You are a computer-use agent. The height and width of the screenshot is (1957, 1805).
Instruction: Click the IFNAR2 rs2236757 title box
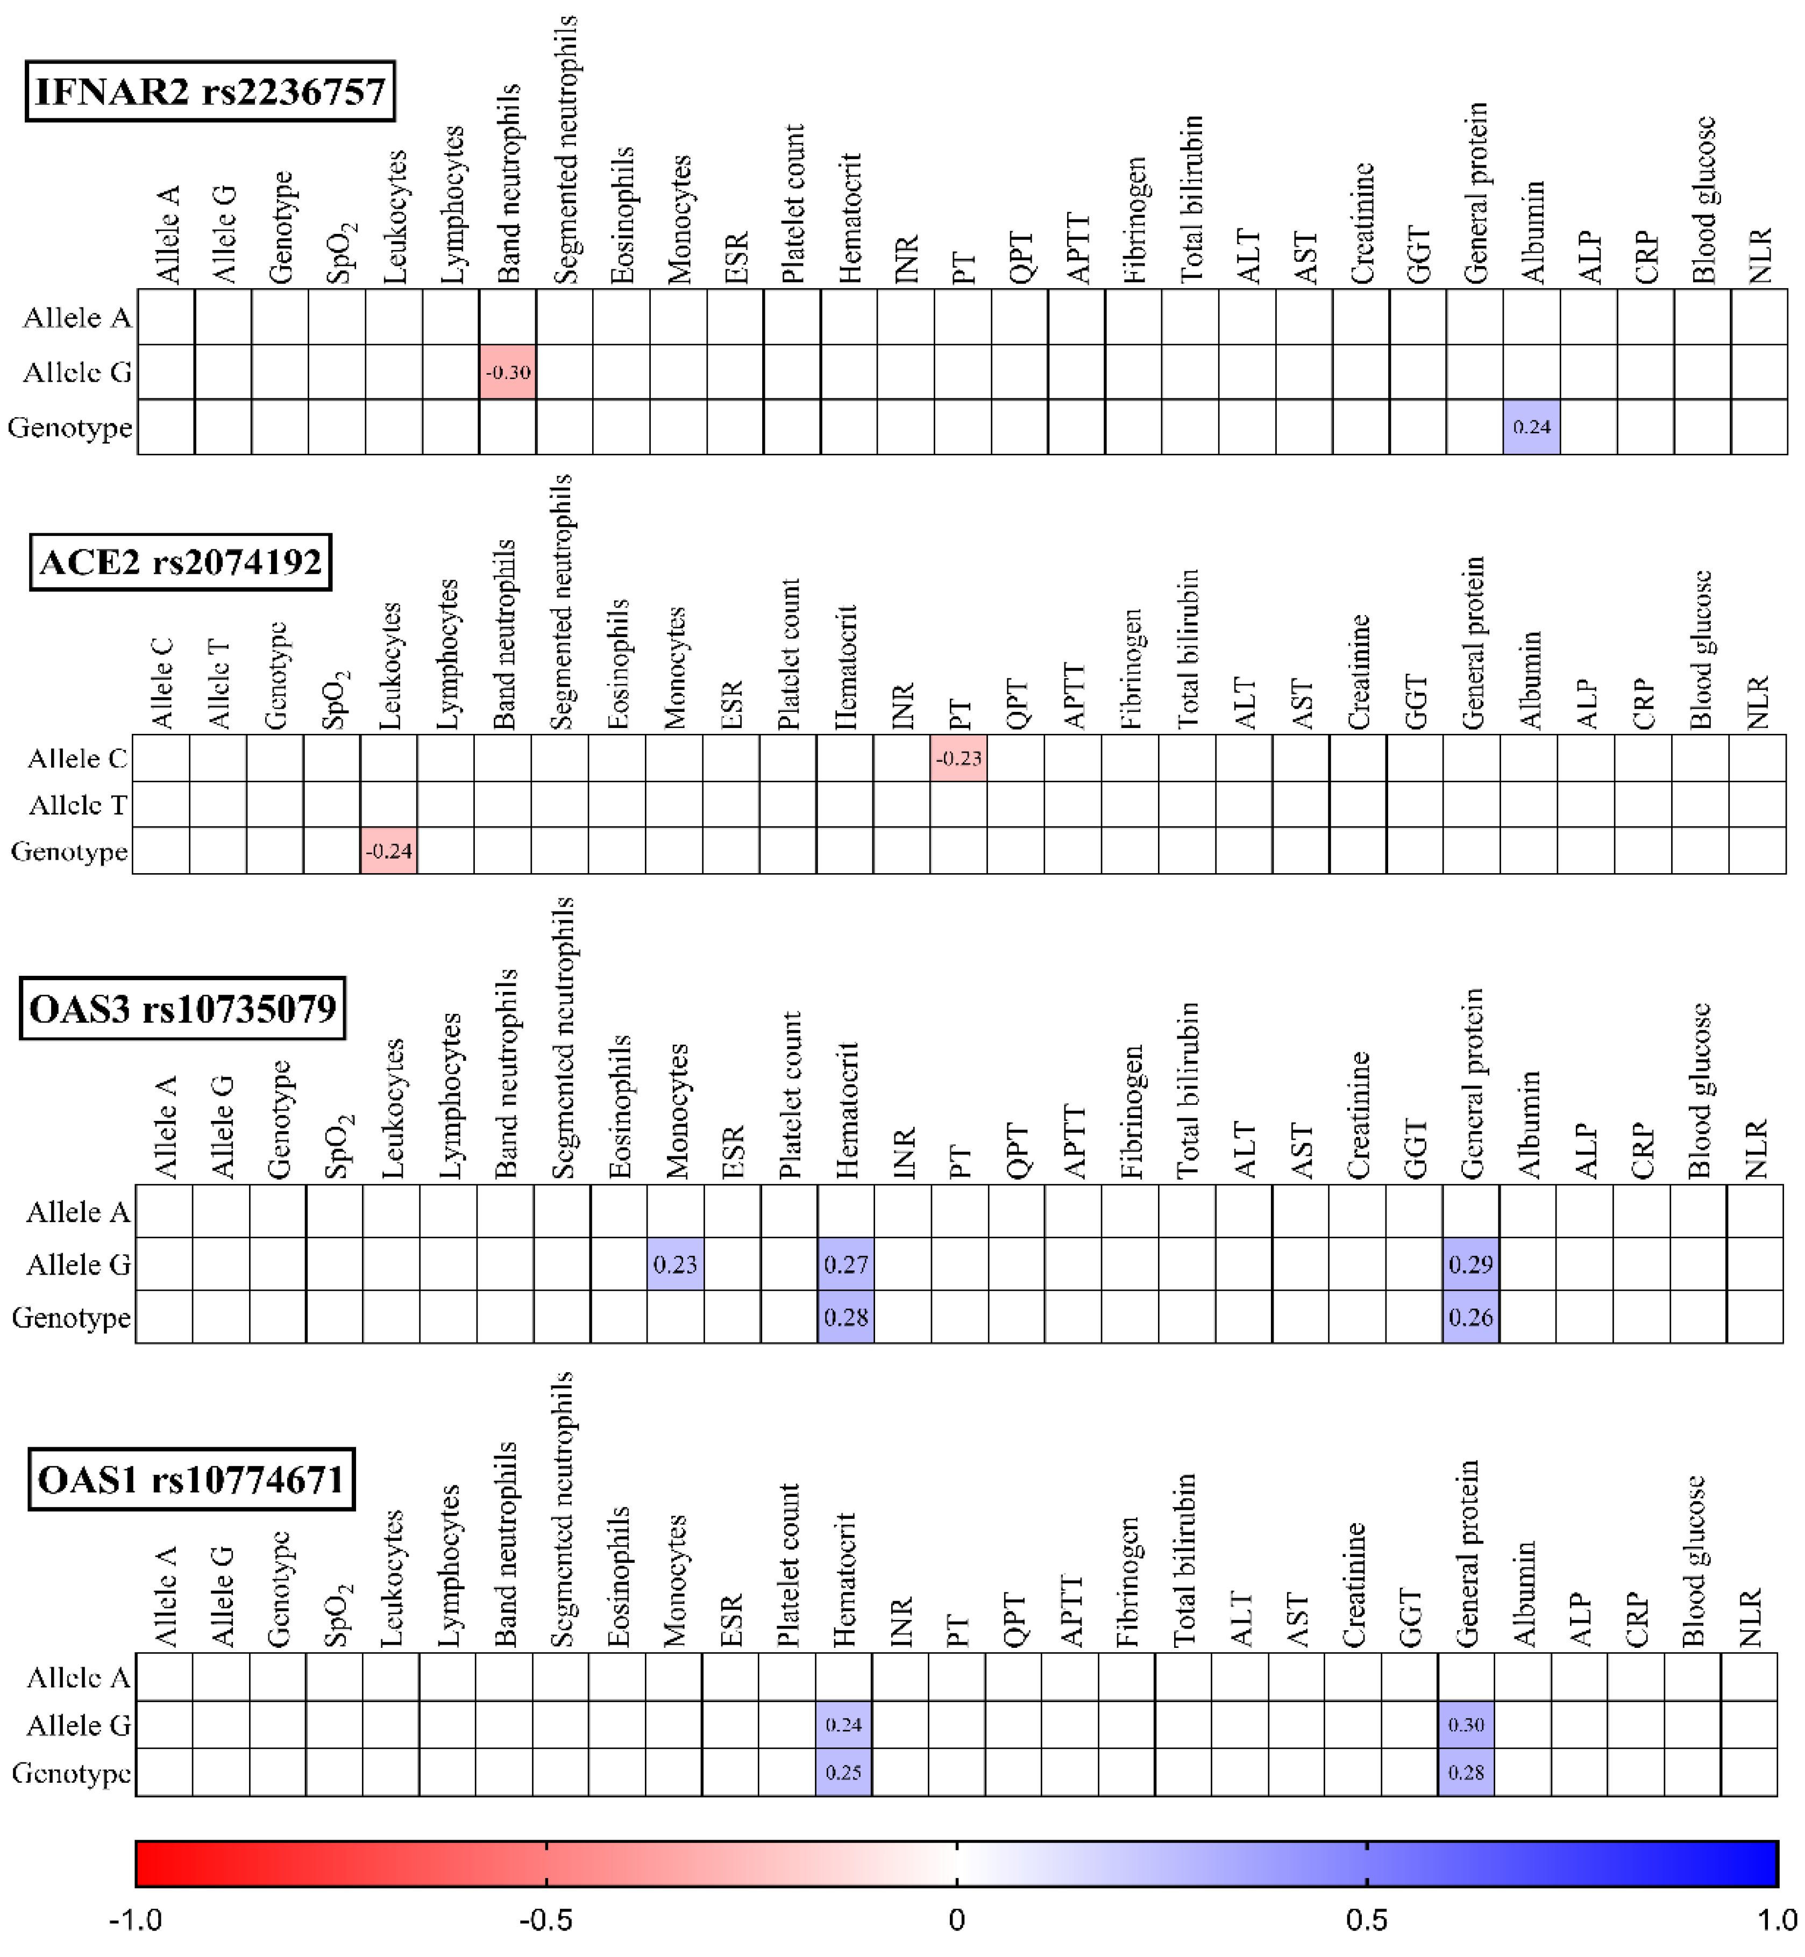210,92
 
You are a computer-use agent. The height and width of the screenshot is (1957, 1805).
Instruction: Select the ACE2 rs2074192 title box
181,562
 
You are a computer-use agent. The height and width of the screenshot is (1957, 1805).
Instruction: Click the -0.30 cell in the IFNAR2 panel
508,372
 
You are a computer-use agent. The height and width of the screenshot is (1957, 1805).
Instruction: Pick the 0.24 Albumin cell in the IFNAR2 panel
1532,427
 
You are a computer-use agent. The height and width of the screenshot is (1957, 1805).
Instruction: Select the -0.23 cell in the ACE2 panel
958,759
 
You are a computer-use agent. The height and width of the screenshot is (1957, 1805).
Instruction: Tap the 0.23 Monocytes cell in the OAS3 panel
675,1265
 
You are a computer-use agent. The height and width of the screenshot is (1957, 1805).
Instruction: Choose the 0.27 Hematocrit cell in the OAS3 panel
846,1265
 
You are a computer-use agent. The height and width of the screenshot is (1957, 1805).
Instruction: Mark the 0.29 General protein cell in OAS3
1471,1265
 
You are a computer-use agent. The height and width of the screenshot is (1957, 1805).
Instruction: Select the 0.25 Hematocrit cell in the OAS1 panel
844,1773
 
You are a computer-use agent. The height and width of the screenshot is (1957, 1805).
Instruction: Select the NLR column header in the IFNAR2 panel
1760,256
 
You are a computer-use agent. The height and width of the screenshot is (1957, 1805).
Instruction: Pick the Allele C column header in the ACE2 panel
162,683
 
